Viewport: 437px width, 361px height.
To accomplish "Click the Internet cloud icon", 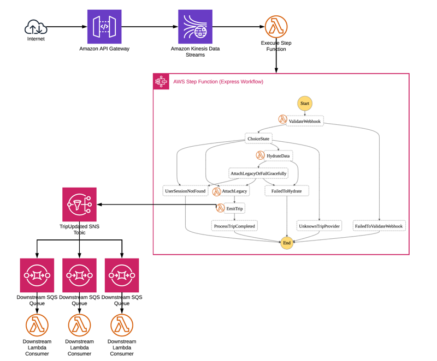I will point(36,27).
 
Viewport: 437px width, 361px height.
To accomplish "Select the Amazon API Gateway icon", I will point(104,27).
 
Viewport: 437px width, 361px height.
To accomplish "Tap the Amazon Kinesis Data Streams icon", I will point(195,27).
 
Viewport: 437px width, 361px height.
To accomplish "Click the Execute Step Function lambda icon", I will point(276,27).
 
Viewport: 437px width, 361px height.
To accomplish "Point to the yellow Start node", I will point(305,104).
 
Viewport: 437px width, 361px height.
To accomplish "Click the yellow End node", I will point(287,243).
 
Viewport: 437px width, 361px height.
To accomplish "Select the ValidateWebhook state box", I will point(304,121).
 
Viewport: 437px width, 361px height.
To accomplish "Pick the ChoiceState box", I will point(258,139).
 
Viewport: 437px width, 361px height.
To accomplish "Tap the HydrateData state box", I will point(278,156).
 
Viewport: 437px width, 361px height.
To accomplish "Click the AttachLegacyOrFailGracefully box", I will point(258,173).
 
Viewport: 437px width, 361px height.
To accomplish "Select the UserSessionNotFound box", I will point(185,191).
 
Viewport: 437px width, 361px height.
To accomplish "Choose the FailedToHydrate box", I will point(287,191).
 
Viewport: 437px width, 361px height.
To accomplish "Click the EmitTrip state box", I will point(234,208).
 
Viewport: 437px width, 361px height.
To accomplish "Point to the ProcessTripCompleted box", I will point(234,226).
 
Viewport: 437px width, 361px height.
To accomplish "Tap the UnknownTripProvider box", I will point(320,226).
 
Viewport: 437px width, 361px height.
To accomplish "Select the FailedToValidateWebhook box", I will point(379,226).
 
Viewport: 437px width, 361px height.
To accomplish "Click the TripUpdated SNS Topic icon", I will point(79,204).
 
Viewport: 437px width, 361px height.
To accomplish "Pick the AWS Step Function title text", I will point(218,82).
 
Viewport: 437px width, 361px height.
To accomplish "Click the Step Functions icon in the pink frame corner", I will point(161,82).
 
